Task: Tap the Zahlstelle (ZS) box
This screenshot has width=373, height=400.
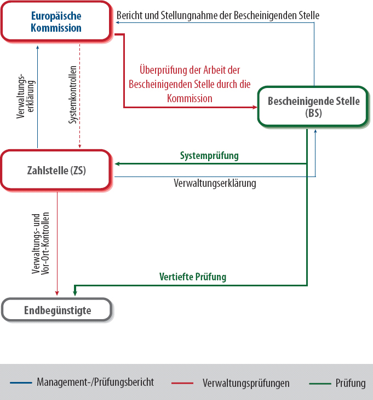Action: tap(57, 170)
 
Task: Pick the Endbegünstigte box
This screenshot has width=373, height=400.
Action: tap(58, 310)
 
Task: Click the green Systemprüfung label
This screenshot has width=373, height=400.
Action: tap(209, 156)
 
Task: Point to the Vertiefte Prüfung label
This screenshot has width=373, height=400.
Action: tap(193, 277)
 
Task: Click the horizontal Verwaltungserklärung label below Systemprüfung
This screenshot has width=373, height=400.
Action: tap(215, 184)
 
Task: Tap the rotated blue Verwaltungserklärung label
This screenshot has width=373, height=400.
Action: tap(26, 96)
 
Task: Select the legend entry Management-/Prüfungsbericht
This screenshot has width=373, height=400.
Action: tap(95, 382)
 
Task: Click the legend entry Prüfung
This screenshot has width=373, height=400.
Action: tap(351, 383)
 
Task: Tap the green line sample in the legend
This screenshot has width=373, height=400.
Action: tap(320, 383)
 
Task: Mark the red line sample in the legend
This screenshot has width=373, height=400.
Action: tap(183, 383)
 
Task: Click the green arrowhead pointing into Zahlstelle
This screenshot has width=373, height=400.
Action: tap(117, 163)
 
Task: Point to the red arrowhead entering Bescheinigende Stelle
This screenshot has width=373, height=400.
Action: tap(255, 107)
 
